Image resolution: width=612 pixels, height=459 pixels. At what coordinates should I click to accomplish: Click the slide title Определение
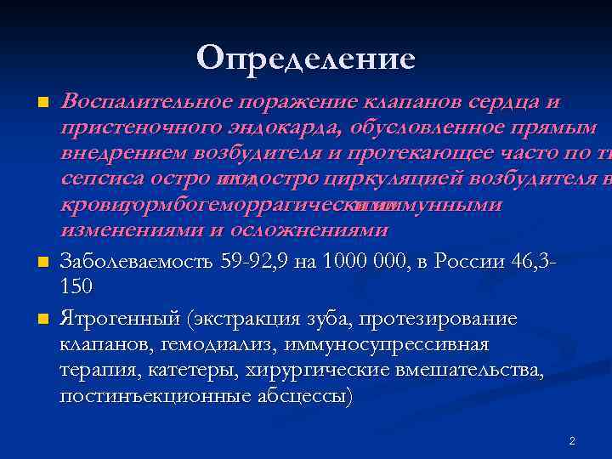[306, 58]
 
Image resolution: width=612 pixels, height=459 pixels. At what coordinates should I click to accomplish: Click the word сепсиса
[94, 180]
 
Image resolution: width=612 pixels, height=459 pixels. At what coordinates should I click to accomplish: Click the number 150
[76, 286]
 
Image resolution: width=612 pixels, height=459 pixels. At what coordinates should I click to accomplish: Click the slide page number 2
[572, 440]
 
